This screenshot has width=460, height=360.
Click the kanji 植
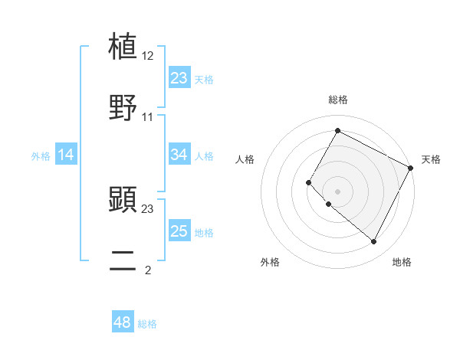123,47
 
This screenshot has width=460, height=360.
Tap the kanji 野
123,107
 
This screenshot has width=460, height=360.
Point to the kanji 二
123,261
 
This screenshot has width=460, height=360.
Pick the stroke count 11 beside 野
148,117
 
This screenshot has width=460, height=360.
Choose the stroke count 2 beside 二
148,270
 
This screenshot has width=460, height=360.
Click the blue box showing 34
179,155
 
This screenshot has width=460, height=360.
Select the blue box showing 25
179,231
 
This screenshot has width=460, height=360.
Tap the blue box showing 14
66,155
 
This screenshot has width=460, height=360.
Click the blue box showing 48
123,322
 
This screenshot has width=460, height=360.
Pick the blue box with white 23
179,78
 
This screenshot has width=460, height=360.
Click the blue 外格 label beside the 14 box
41,156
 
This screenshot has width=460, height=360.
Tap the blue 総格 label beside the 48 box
147,324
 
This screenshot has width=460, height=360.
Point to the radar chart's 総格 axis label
337,100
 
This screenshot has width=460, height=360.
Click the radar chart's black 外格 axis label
270,263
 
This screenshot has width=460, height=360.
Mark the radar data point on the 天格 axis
412,168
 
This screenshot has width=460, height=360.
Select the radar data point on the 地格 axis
374,242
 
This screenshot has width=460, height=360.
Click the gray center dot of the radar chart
337,191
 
